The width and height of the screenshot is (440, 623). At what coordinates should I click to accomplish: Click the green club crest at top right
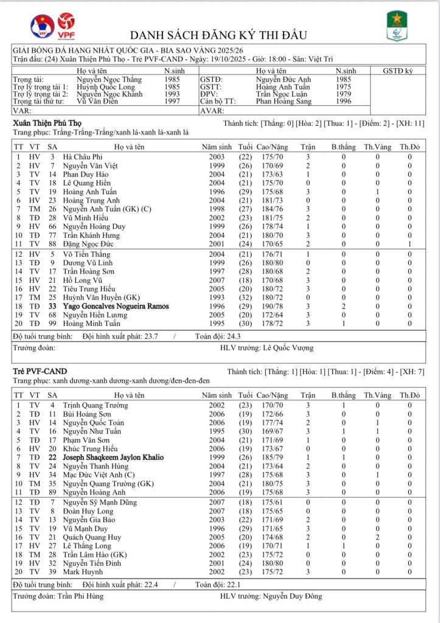pyautogui.click(x=397, y=27)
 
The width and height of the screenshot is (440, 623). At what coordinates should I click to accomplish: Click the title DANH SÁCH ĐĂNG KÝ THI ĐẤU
pyautogui.click(x=218, y=35)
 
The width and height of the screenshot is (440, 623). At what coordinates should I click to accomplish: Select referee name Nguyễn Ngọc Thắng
pyautogui.click(x=109, y=80)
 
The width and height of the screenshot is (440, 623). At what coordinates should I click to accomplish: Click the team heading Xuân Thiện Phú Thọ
pyautogui.click(x=47, y=123)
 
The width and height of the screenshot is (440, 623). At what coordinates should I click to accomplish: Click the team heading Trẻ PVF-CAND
pyautogui.click(x=40, y=371)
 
